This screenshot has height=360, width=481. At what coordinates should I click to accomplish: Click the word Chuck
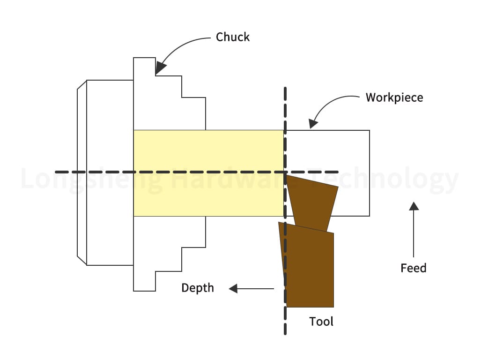click(x=233, y=37)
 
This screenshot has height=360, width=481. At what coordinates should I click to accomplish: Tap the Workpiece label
click(x=394, y=97)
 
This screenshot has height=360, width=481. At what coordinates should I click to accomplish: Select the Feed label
click(x=414, y=268)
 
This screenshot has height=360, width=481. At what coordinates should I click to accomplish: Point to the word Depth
click(x=198, y=288)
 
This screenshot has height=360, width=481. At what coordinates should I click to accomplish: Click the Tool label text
click(x=321, y=322)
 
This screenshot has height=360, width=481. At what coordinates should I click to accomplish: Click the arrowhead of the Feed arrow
click(x=414, y=206)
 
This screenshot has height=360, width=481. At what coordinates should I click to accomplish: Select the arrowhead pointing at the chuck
click(x=160, y=69)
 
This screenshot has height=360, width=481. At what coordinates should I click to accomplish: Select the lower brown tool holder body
click(x=309, y=267)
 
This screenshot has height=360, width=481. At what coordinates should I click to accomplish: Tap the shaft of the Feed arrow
click(x=414, y=232)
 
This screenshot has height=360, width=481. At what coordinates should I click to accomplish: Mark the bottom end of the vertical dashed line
click(x=285, y=333)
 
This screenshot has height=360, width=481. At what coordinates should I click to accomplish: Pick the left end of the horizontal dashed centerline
click(x=56, y=172)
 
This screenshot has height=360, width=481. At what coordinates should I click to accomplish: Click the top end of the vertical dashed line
click(x=285, y=88)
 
